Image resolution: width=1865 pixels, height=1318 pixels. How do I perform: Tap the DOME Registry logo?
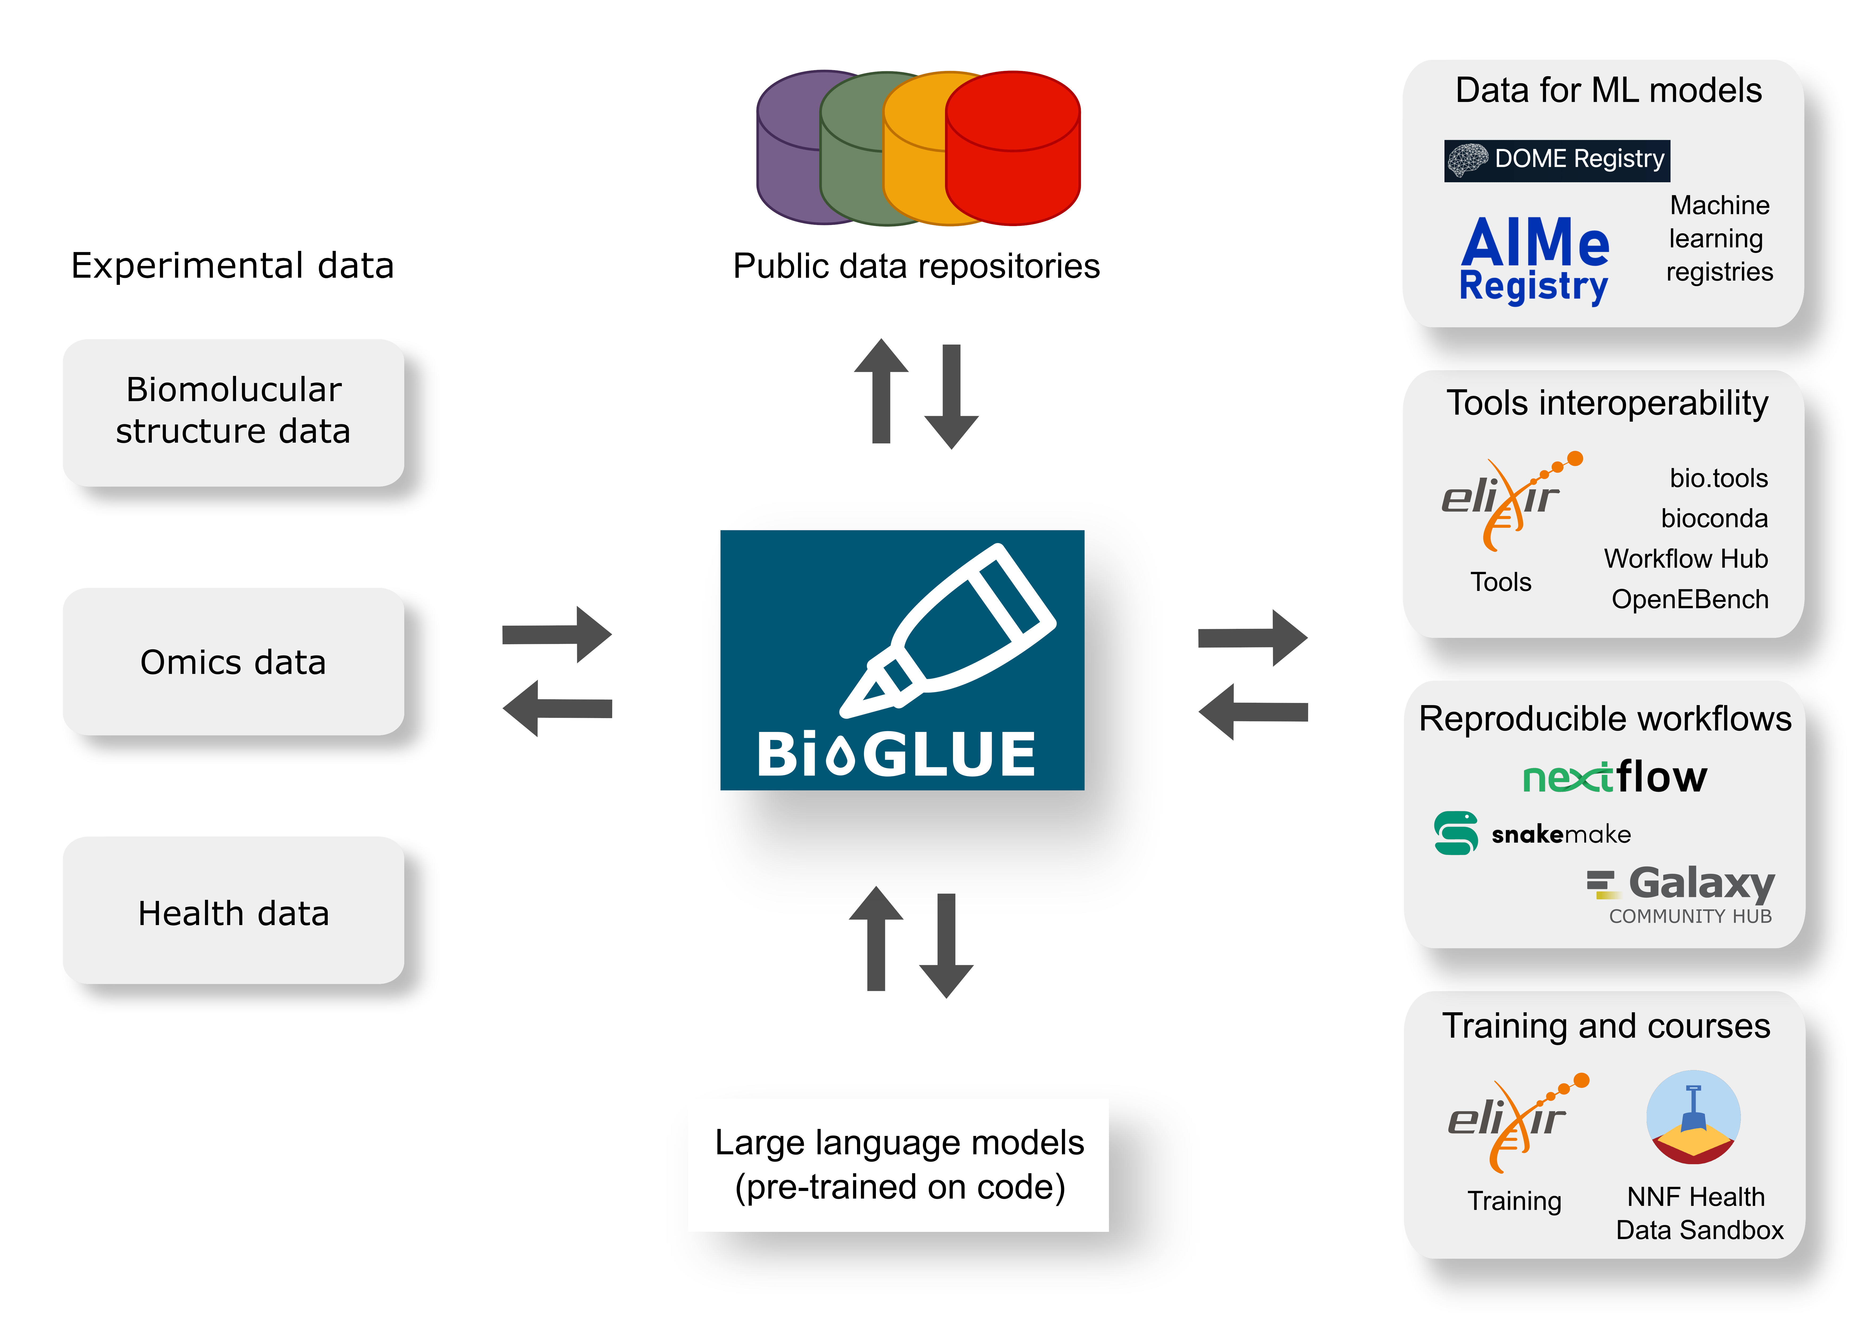click(x=1556, y=159)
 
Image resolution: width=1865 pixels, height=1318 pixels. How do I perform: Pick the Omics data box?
click(x=233, y=662)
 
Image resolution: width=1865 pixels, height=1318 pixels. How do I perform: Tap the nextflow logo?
click(x=1614, y=777)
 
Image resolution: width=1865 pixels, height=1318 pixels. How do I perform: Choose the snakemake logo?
click(x=1532, y=833)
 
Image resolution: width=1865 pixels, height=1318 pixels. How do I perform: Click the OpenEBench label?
click(x=1690, y=599)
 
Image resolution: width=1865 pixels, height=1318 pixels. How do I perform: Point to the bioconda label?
click(x=1714, y=518)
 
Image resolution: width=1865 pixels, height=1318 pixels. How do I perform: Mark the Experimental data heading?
click(x=232, y=266)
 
